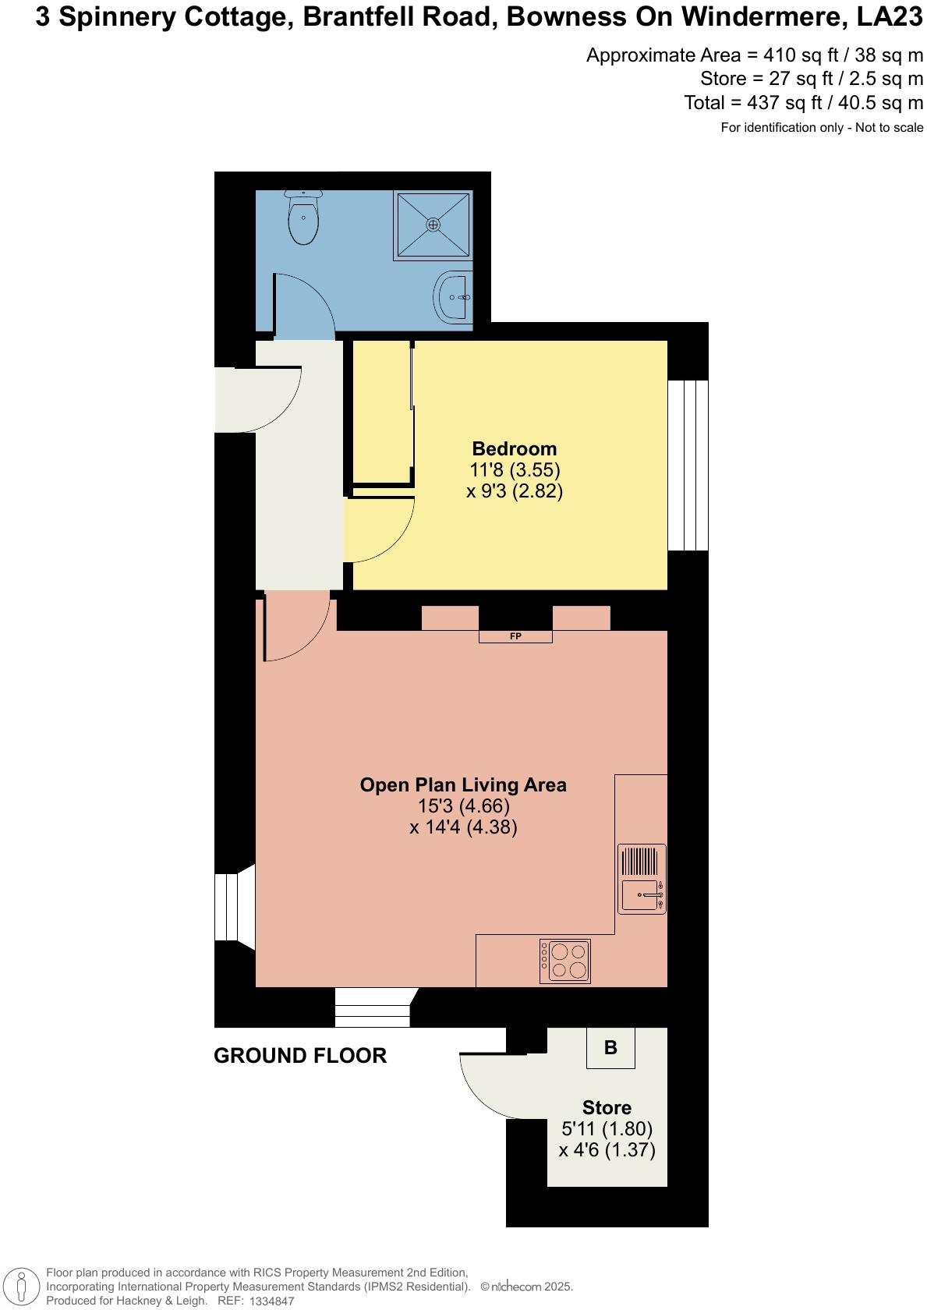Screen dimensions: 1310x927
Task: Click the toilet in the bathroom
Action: point(303,218)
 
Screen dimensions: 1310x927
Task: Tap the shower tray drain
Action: point(433,225)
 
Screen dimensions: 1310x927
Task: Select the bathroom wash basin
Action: point(454,297)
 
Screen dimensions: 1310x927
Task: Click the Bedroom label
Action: point(515,449)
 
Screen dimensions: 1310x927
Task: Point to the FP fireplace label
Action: point(515,636)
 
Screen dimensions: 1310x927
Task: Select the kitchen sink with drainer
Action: point(642,879)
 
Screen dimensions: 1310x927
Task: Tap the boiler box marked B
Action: point(610,1048)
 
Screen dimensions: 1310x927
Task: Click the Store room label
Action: point(607,1108)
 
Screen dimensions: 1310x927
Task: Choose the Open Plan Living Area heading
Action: point(463,785)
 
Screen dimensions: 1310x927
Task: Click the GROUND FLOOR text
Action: point(300,1056)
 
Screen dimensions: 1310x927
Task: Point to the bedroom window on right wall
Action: point(688,466)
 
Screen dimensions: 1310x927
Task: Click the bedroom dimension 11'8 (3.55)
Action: point(515,470)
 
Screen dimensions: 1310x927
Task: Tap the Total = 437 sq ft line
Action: point(803,103)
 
